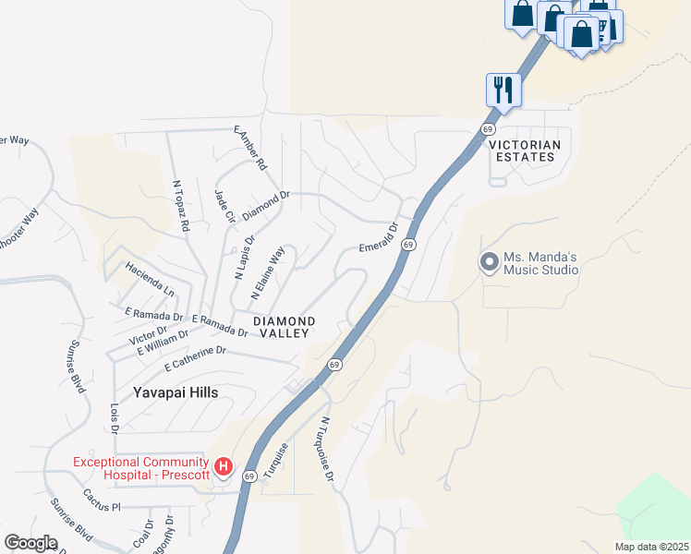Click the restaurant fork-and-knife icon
click(x=503, y=90)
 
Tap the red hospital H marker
click(x=223, y=468)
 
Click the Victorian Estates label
click(x=524, y=151)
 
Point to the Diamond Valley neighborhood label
click(x=285, y=327)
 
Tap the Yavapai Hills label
click(x=175, y=392)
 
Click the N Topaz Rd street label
click(x=180, y=205)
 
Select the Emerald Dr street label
click(x=378, y=237)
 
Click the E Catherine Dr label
click(x=195, y=358)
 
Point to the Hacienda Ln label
click(x=149, y=281)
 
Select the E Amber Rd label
click(x=250, y=149)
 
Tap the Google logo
click(x=30, y=543)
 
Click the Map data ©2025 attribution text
click(x=652, y=547)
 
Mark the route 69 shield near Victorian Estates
click(x=487, y=128)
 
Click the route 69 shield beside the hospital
click(x=249, y=476)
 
